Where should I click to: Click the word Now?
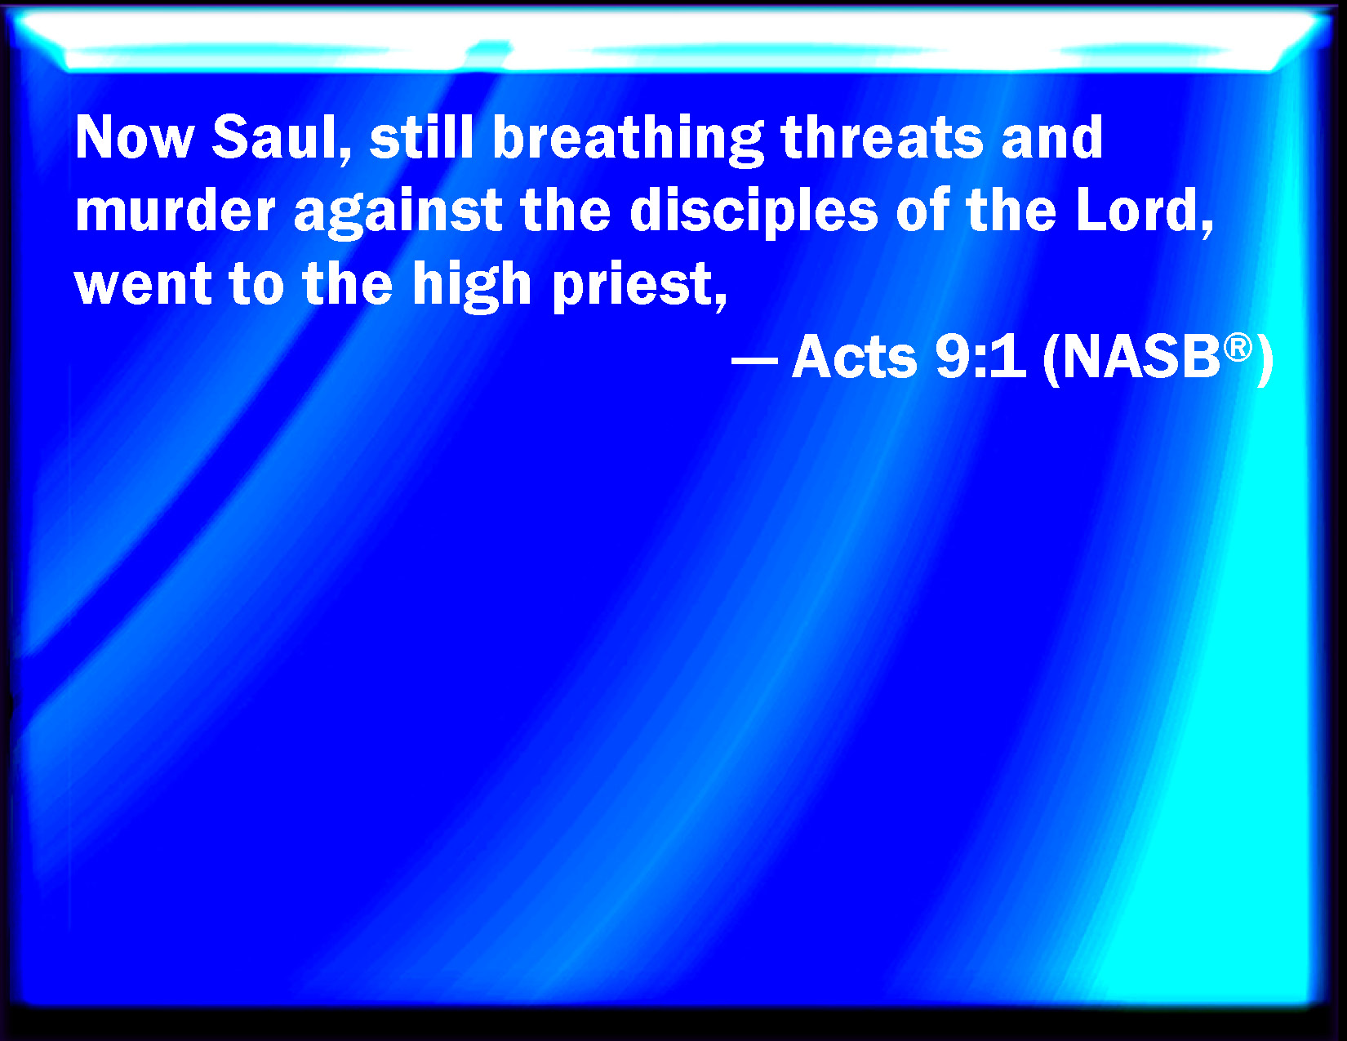tap(135, 137)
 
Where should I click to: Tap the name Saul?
tap(282, 139)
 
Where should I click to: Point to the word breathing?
tap(628, 140)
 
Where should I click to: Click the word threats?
tap(882, 137)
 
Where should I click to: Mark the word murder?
tap(176, 210)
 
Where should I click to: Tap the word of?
tap(921, 210)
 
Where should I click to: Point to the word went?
tap(143, 285)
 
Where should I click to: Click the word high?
tap(472, 287)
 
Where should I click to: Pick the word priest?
tap(638, 287)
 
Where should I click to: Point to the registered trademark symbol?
tap(1238, 348)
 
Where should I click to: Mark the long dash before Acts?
tap(754, 359)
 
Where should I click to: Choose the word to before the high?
tap(256, 285)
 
